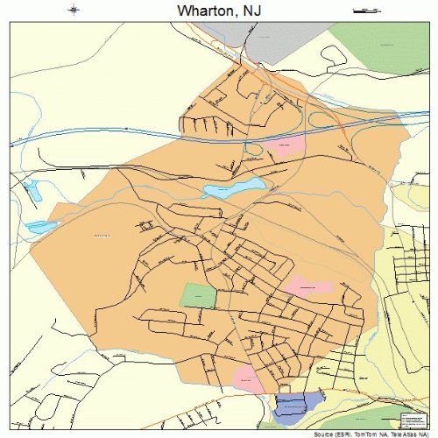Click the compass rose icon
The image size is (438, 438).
coord(73,11)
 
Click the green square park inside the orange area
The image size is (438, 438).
coord(197,295)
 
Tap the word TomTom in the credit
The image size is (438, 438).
coord(359,434)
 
